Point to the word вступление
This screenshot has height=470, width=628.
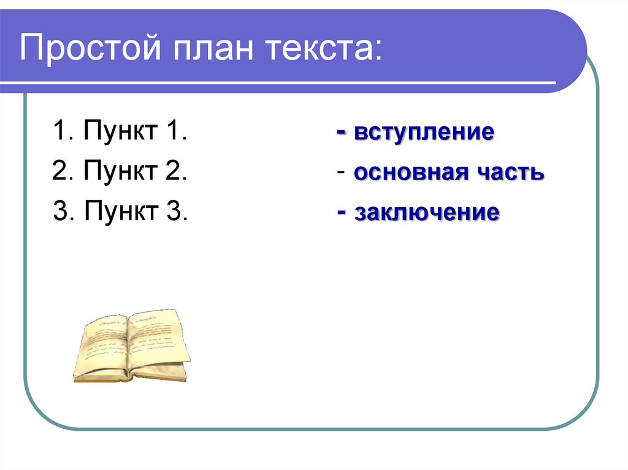coord(424,132)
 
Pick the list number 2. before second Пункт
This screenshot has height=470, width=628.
coord(63,172)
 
